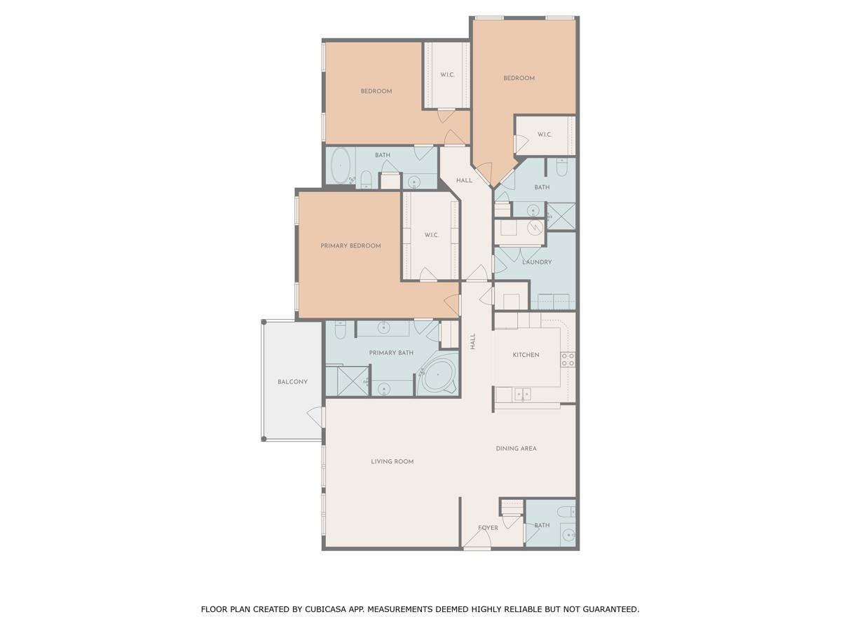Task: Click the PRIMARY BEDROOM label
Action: tap(350, 246)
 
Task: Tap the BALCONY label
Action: tap(292, 382)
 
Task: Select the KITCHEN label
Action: tap(526, 355)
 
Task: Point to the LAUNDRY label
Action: tap(537, 262)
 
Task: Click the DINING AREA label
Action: tap(516, 449)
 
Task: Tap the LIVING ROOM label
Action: tap(392, 462)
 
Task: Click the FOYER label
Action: tap(488, 528)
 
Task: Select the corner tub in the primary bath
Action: tap(438, 376)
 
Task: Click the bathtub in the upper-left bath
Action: tap(341, 165)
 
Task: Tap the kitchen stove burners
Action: tap(568, 360)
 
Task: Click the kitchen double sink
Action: tap(522, 395)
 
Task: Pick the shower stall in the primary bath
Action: tap(352, 381)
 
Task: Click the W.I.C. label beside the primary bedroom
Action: tap(431, 236)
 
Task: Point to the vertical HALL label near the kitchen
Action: tap(473, 341)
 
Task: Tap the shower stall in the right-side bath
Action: tap(561, 216)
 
